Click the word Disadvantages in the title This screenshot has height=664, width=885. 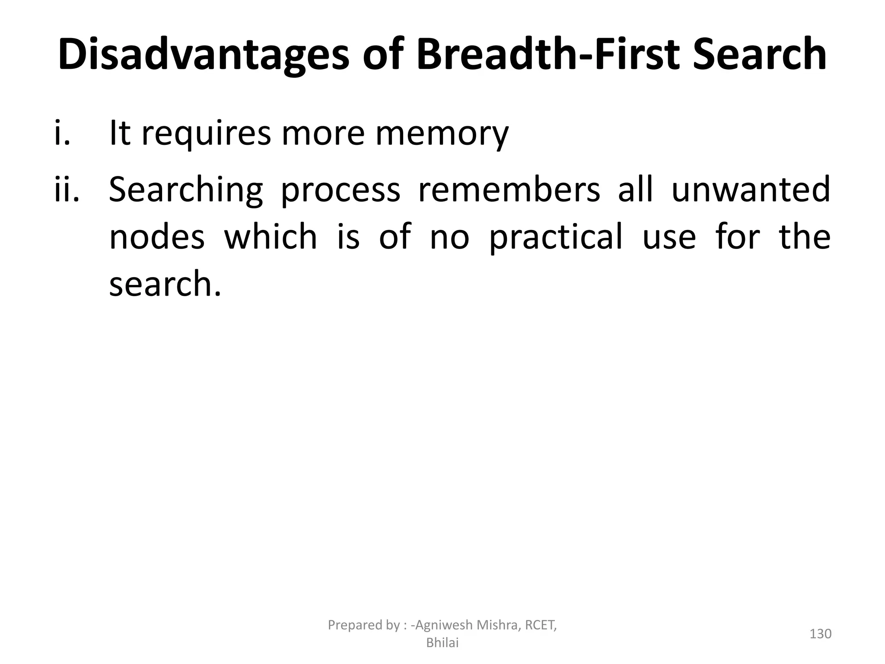[x=203, y=55]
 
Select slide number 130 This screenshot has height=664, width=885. [x=820, y=634]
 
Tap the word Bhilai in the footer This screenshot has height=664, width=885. [x=442, y=643]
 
